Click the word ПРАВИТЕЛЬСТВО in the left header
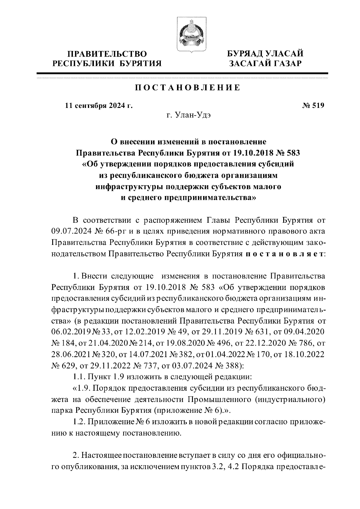107,54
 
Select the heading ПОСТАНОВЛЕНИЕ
187,88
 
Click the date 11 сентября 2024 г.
99,106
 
